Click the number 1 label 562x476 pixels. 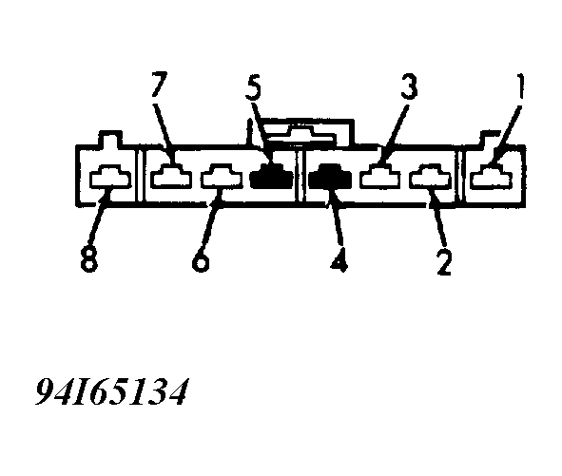coord(521,86)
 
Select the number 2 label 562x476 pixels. coord(444,261)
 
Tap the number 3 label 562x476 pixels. coord(409,86)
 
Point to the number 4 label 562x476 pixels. coord(339,258)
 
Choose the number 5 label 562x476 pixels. coord(253,87)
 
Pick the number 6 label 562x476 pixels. coord(200,258)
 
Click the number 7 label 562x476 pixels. coord(159,85)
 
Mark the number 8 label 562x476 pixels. coord(88,259)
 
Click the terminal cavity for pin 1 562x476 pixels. coord(492,176)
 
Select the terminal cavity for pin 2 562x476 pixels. coord(431,176)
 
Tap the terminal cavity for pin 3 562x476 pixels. coord(380,176)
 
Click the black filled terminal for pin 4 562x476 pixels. coord(330,176)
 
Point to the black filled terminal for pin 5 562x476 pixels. coord(271,176)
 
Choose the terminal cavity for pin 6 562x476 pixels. coord(222,176)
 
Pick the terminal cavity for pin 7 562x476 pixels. coord(171,176)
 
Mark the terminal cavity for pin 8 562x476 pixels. coord(110,177)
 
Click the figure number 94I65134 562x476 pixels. coord(111,391)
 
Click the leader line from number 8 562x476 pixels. coord(99,219)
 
